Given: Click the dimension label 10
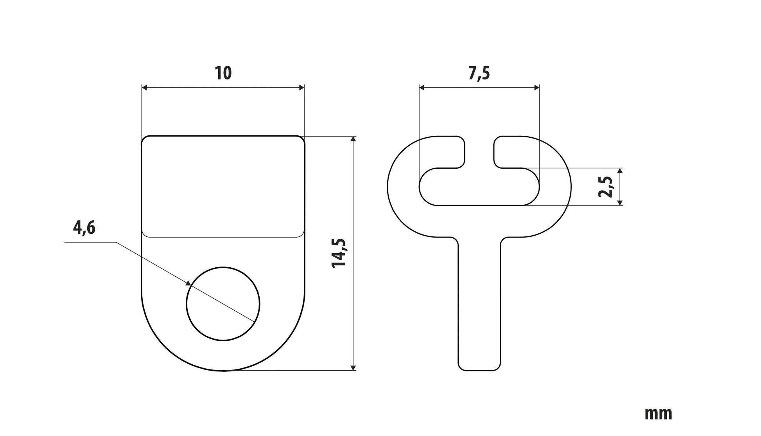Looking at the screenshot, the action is tap(223, 73).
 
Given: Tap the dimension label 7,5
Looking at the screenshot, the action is tap(479, 73).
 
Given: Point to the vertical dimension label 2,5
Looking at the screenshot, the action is tap(606, 187).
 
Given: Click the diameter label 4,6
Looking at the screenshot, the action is tap(84, 227).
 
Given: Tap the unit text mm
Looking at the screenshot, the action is tap(658, 414).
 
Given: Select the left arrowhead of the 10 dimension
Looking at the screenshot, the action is tap(144, 88).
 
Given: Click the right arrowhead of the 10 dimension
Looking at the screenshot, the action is tap(302, 88).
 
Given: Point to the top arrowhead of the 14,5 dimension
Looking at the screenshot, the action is tap(354, 139).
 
